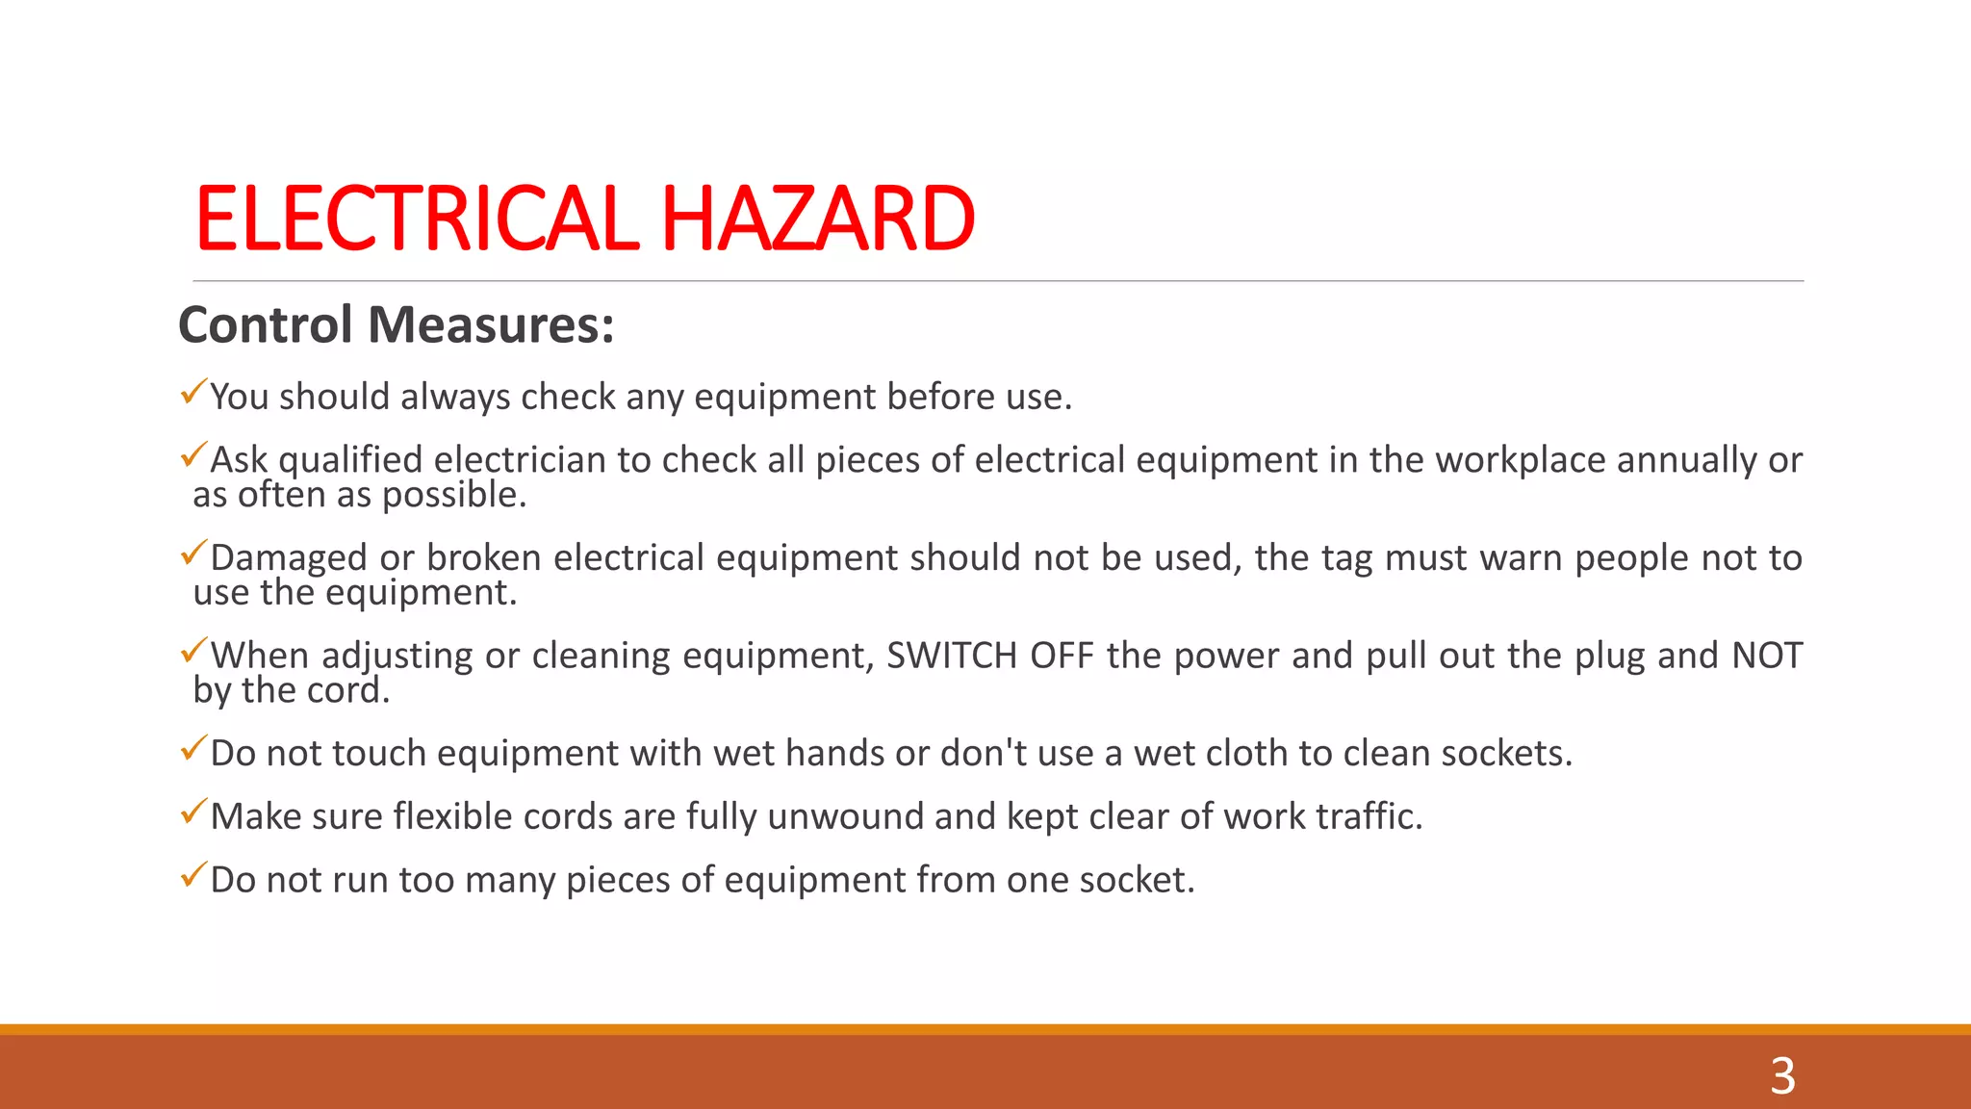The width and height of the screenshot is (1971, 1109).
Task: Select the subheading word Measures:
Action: (491, 324)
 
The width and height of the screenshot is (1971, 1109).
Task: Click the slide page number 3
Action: (1782, 1075)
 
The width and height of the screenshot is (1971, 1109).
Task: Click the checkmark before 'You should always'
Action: (193, 392)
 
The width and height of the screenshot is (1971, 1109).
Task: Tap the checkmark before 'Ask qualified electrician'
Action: (193, 454)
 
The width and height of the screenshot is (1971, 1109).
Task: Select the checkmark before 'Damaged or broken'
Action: (193, 553)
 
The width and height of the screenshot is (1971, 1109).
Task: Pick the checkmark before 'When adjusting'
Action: (193, 651)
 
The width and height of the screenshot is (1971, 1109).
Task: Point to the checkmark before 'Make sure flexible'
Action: (193, 812)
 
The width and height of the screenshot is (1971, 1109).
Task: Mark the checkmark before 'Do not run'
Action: (193, 875)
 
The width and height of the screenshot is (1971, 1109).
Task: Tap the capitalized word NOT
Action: (1767, 656)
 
